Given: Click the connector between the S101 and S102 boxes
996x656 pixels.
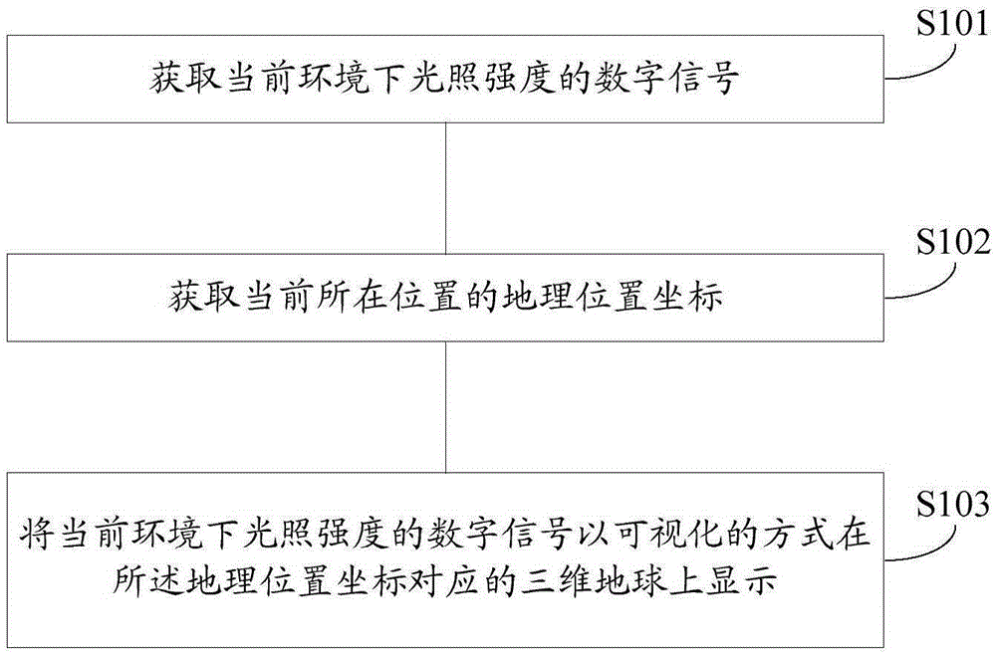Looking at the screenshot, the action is pyautogui.click(x=446, y=188).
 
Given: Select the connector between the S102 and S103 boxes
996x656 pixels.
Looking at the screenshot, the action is pyautogui.click(x=446, y=407).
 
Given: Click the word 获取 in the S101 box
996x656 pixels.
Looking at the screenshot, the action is pyautogui.click(x=185, y=79).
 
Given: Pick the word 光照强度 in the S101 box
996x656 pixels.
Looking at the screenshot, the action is pyautogui.click(x=481, y=79).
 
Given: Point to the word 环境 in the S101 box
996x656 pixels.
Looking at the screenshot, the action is pyautogui.click(x=333, y=79).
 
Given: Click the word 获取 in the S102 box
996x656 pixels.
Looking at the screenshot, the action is pyautogui.click(x=203, y=298).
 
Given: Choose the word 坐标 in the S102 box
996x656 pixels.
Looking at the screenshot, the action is pyautogui.click(x=686, y=298).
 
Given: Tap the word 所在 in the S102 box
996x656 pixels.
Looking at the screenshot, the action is pyautogui.click(x=352, y=298).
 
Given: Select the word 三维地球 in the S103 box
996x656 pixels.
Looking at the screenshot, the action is pyautogui.click(x=594, y=579).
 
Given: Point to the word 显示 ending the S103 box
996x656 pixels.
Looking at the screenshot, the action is pyautogui.click(x=742, y=579).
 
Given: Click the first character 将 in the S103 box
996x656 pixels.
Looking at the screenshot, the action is pyautogui.click(x=36, y=534).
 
